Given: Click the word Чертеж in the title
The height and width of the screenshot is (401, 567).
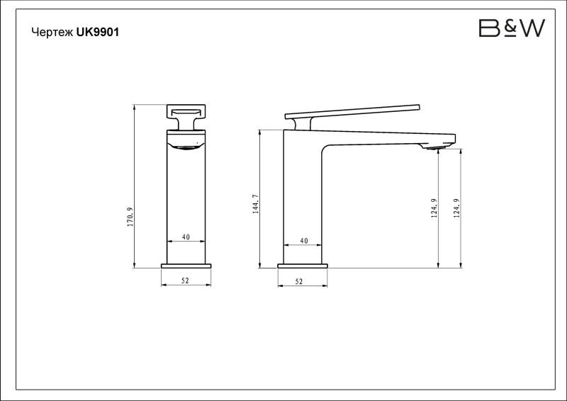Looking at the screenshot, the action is (52, 32).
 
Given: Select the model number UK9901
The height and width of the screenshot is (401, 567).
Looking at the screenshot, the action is (98, 32).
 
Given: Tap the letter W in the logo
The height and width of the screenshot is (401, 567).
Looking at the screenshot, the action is (532, 28).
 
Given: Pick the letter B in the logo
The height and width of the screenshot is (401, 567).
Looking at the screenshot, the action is (489, 28).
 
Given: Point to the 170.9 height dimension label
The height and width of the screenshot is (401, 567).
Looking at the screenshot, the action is (130, 217).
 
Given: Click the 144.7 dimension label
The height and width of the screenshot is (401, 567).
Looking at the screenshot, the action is (256, 204).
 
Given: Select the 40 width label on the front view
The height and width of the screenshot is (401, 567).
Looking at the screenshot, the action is (186, 237).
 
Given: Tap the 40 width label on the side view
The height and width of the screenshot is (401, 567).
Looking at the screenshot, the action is (304, 241).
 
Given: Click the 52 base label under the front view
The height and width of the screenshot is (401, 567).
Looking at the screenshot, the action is (185, 281).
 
